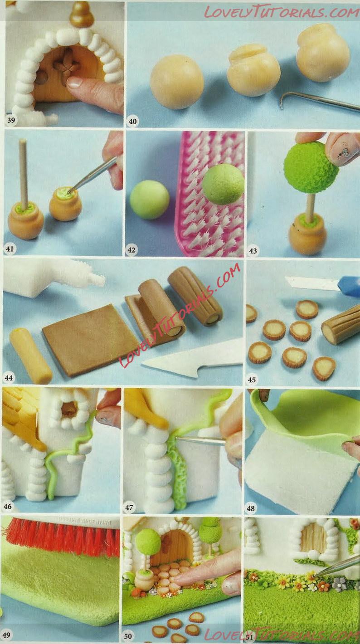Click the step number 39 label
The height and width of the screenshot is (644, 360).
(11, 120)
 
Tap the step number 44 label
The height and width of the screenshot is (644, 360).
(9, 377)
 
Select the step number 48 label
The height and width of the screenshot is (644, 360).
(251, 508)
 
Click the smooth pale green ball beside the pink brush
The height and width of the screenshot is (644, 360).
(149, 200)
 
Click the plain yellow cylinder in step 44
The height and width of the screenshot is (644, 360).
(31, 356)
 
